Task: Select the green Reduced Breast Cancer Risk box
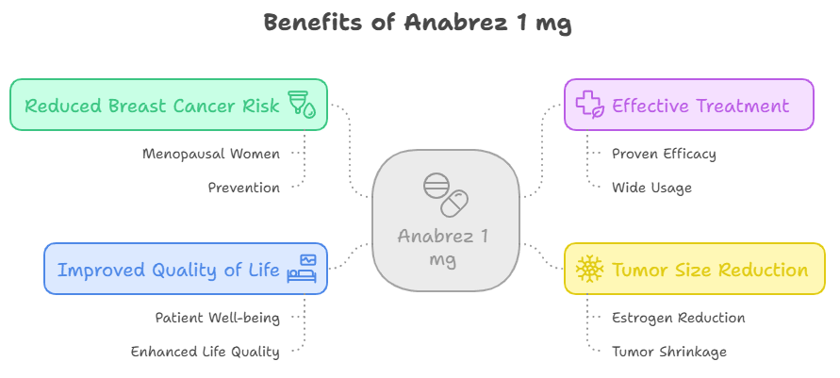[169, 105]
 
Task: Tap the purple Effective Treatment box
[688, 105]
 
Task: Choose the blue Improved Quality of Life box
[186, 269]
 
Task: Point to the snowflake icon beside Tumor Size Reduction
[589, 270]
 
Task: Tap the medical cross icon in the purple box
[590, 105]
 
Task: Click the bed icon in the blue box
[304, 269]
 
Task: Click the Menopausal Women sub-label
[211, 153]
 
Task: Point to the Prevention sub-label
[244, 188]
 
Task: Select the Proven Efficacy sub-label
[664, 153]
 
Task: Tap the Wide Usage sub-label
[651, 188]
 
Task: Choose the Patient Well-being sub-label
[218, 318]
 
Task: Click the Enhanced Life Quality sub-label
[206, 352]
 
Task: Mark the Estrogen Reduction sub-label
[678, 318]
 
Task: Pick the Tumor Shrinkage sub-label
[668, 352]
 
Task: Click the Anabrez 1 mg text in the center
[443, 247]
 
